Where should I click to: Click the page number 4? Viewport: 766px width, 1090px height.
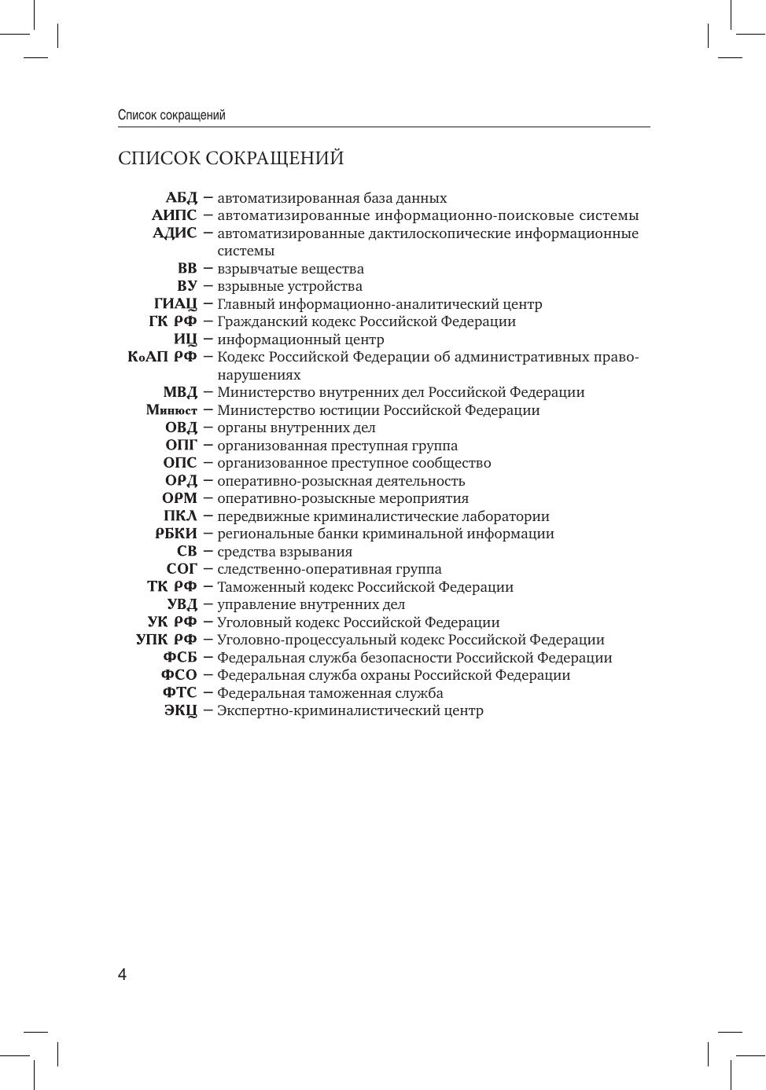click(x=122, y=975)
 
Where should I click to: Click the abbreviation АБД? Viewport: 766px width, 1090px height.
click(x=181, y=198)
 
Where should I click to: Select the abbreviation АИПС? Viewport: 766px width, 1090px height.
click(x=174, y=215)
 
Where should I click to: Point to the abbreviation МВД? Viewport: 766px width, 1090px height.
click(x=180, y=392)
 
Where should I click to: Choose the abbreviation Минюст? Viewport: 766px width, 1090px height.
click(x=171, y=410)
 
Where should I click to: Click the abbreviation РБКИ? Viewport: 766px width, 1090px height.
click(x=176, y=534)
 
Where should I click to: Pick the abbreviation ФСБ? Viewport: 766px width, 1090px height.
click(x=180, y=658)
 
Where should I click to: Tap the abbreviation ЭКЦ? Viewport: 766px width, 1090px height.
click(x=181, y=711)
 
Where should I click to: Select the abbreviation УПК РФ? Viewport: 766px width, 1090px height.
click(x=166, y=640)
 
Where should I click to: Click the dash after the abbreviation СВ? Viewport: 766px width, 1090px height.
click(x=208, y=551)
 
